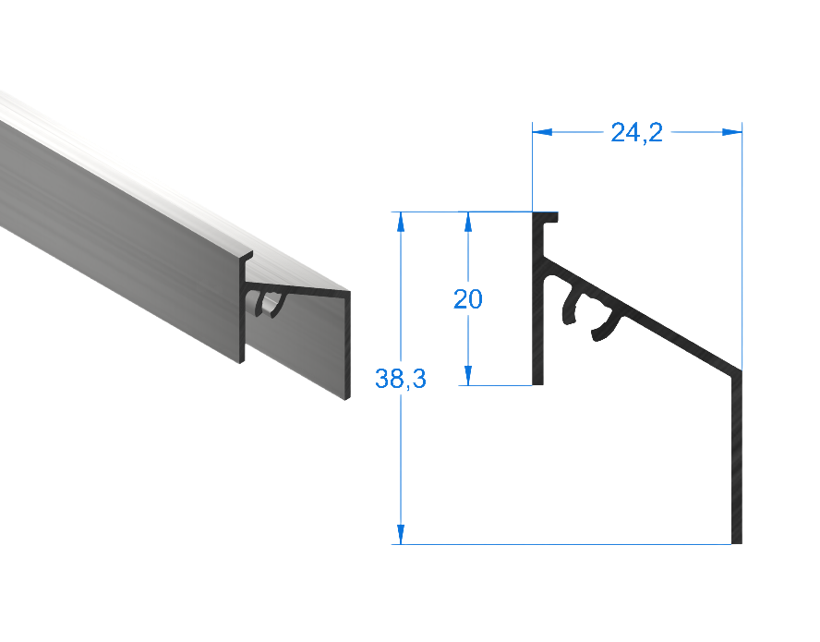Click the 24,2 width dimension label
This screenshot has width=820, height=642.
pos(636,133)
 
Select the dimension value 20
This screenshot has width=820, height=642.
pos(467,299)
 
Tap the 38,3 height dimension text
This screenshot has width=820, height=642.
pos(400,378)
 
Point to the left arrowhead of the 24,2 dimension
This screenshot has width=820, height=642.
pos(544,133)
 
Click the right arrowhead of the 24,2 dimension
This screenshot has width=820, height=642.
pos(731,133)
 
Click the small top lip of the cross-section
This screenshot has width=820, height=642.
pos(552,218)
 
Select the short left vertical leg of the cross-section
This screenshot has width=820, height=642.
pos(538,305)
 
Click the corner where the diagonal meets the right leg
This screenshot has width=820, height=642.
pos(739,371)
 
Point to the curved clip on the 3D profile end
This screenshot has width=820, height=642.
pos(270,303)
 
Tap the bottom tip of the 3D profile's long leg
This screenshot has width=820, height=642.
pos(348,397)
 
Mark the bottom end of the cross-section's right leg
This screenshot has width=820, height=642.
pos(737,540)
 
